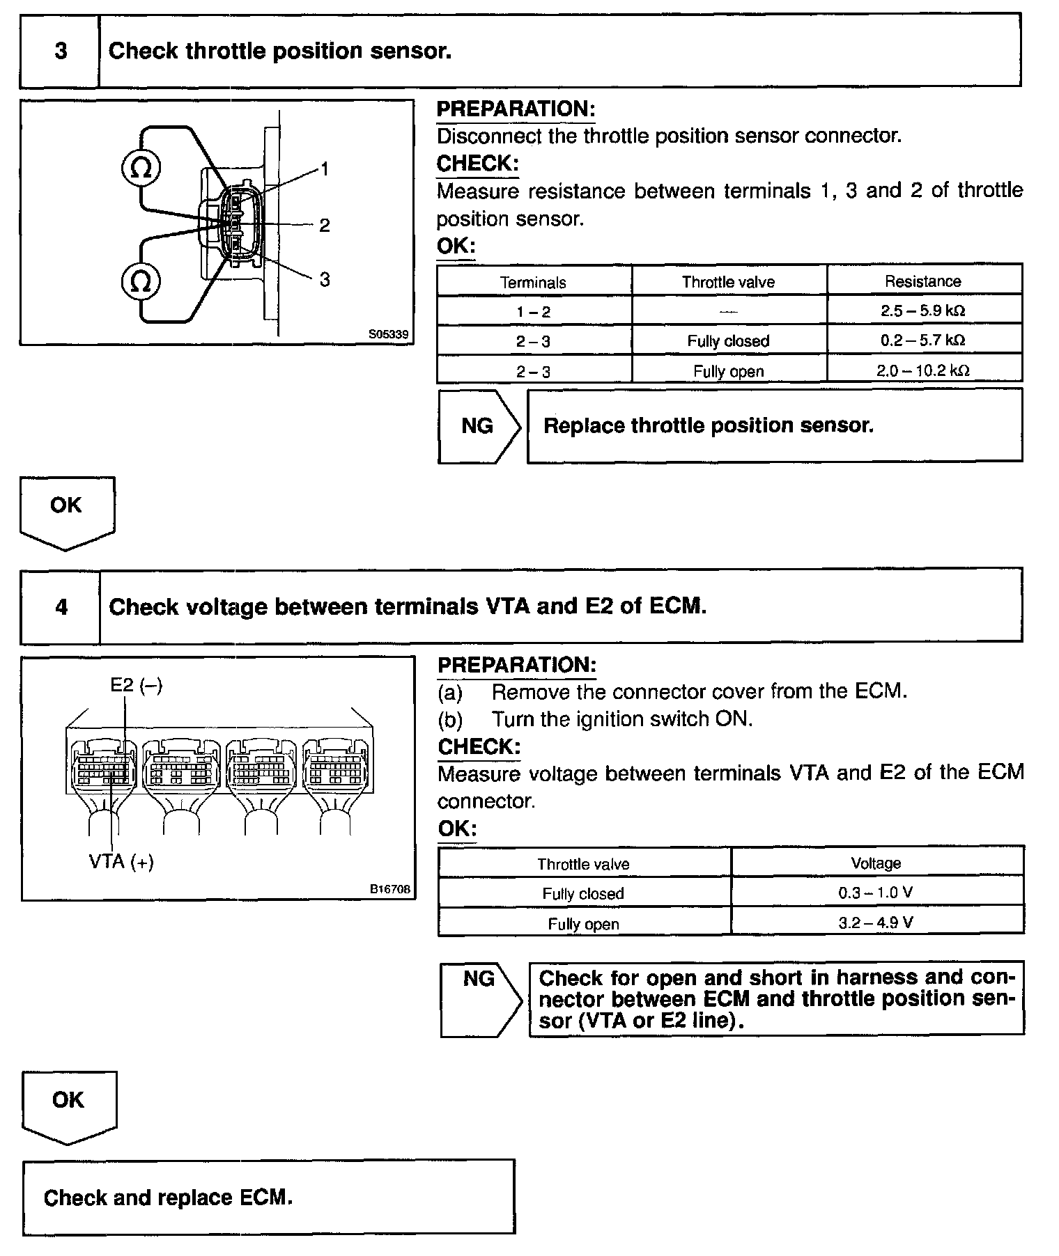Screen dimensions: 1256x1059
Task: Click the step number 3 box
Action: click(60, 52)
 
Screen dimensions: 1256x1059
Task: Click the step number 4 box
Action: click(61, 607)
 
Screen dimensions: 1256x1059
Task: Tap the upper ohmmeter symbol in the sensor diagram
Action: click(141, 168)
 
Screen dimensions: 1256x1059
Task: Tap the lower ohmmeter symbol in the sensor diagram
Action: click(141, 281)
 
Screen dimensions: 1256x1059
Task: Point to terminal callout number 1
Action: click(324, 169)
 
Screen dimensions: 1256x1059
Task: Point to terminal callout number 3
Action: click(324, 280)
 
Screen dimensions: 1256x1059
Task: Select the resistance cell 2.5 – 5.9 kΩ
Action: click(923, 311)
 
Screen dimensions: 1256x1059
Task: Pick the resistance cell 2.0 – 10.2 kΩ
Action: click(923, 370)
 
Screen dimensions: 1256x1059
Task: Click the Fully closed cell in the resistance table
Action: click(728, 341)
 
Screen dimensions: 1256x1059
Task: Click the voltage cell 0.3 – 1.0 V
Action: click(876, 893)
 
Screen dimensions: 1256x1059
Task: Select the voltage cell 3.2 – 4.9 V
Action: click(876, 923)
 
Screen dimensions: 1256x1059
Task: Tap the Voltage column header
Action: click(876, 863)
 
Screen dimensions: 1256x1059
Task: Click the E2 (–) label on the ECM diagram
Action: click(136, 685)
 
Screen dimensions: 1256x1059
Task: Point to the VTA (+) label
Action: click(121, 862)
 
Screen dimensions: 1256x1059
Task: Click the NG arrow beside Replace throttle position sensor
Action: click(479, 426)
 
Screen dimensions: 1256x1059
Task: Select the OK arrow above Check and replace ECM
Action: click(68, 1103)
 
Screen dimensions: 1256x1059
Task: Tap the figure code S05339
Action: click(389, 334)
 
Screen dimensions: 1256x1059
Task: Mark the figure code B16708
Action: click(390, 889)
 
